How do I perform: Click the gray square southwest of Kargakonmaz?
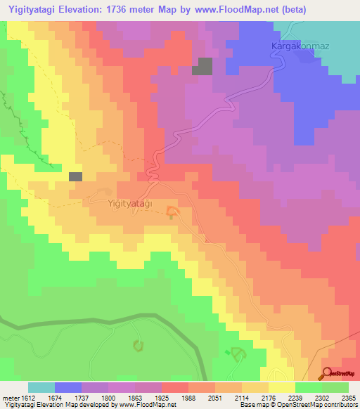[202, 66]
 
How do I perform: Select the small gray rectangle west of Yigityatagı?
[75, 176]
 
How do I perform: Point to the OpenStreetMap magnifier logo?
[328, 372]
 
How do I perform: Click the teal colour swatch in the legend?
[41, 387]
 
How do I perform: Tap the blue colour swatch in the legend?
[68, 387]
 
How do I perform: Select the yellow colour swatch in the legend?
[281, 387]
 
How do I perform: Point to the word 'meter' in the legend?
[10, 398]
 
